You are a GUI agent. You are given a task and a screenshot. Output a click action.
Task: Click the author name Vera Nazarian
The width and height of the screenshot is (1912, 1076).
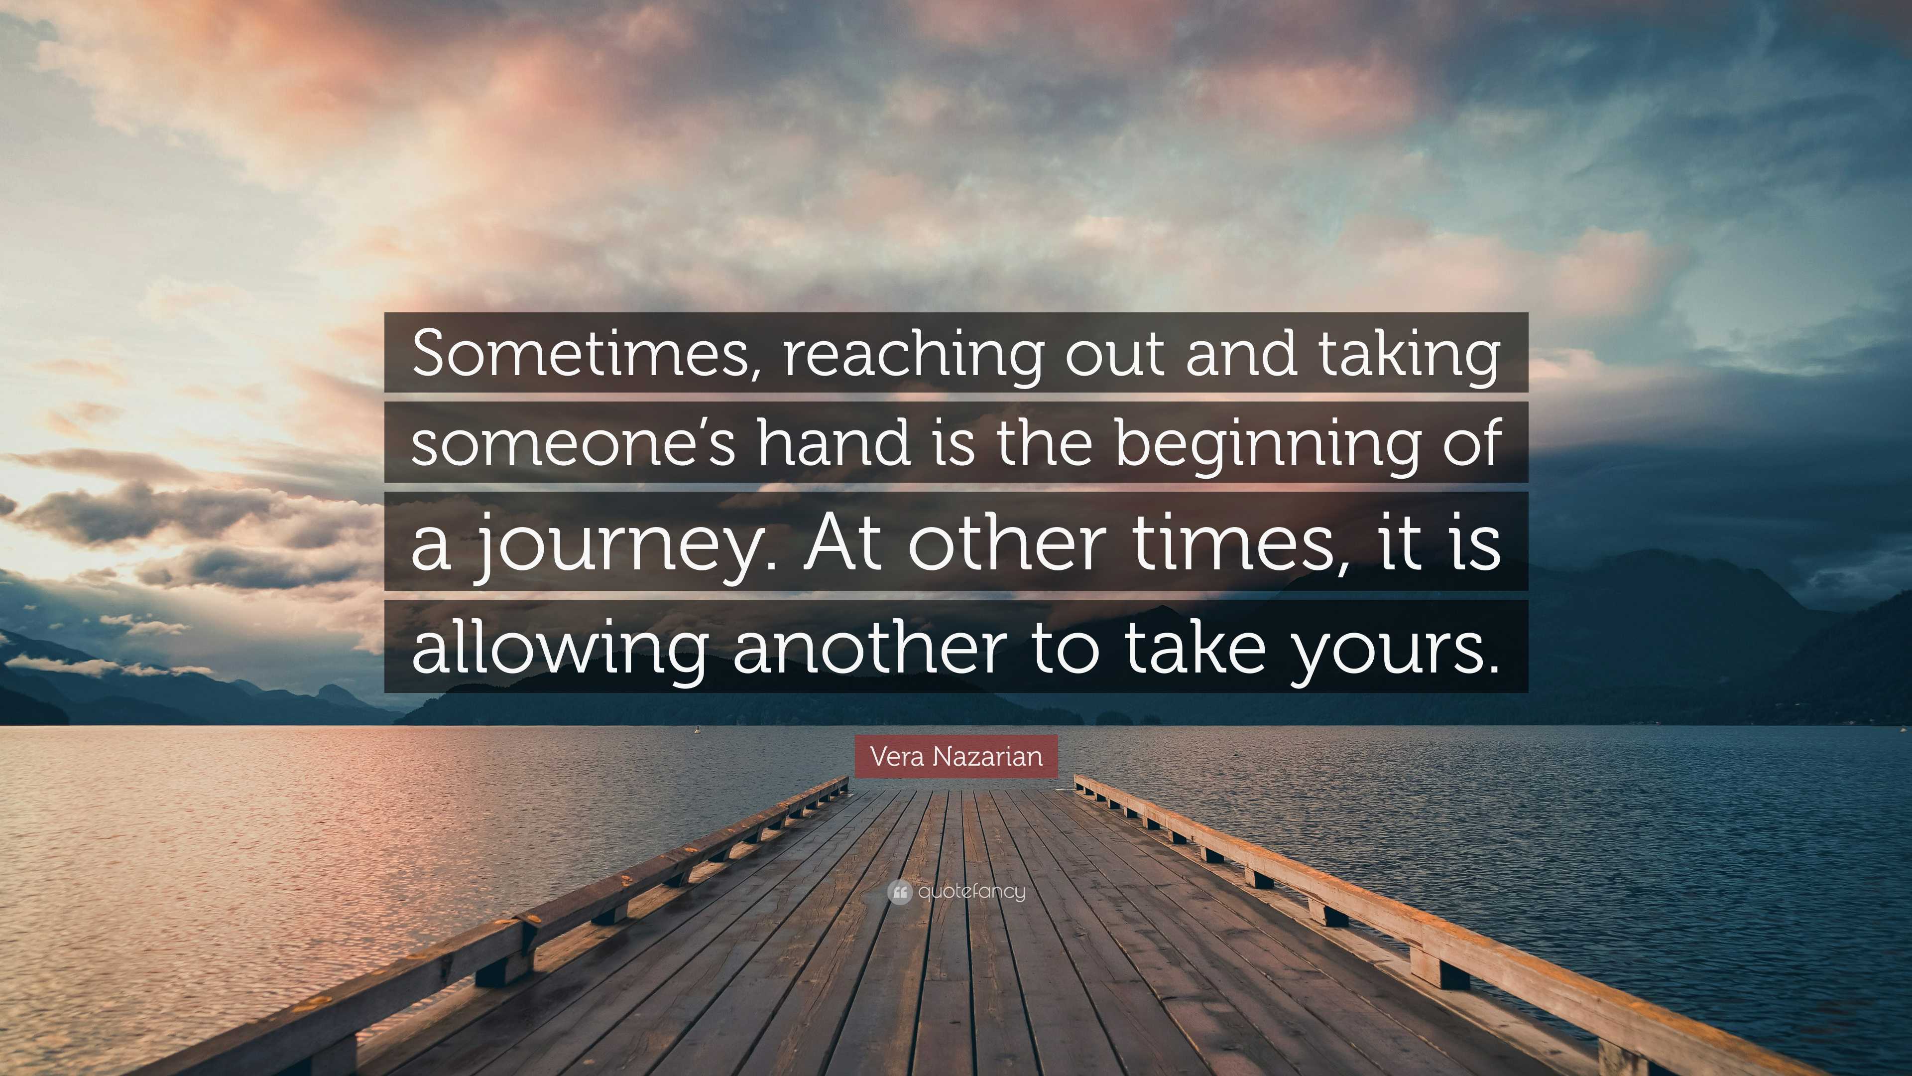point(956,757)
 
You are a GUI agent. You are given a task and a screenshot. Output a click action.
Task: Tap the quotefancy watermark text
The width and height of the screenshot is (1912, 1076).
point(971,892)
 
